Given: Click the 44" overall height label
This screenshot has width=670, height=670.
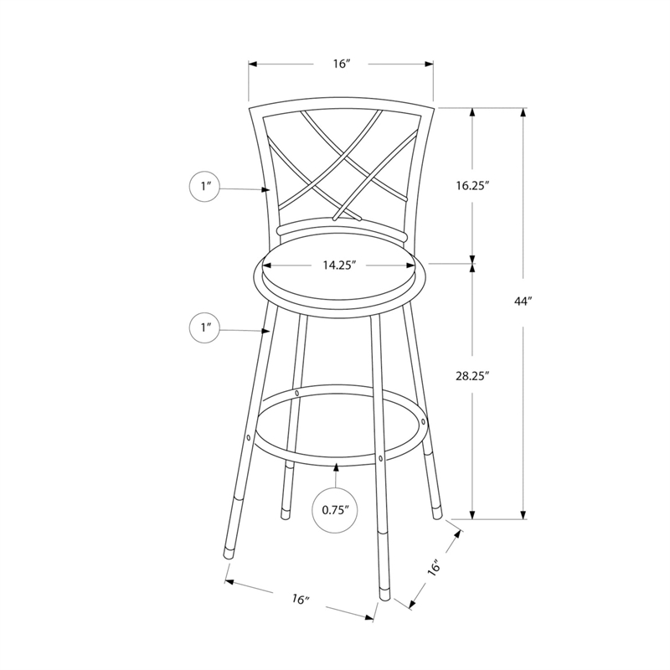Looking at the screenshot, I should tap(525, 301).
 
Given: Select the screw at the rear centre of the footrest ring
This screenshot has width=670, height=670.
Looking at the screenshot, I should tap(297, 392).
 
